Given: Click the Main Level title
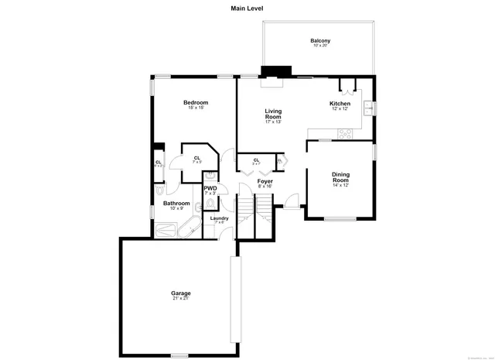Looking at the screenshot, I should [247, 9].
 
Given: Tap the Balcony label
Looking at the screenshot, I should [320, 41].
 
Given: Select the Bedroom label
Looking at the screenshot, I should [196, 103].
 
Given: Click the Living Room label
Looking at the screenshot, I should [273, 114].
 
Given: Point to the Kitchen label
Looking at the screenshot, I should [340, 104].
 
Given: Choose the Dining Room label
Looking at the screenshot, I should [341, 177].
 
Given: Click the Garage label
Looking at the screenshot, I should [181, 293].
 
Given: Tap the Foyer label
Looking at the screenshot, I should [265, 181].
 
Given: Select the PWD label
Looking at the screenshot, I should [210, 188].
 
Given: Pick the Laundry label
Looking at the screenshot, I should [220, 218].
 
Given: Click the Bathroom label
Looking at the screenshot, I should [176, 203].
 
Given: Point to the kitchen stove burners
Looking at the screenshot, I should [344, 132].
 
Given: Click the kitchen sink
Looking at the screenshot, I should [370, 107].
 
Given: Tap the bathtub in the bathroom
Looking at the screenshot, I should [186, 229].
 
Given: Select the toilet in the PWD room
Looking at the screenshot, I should [210, 204].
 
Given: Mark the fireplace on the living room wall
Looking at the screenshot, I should [272, 72].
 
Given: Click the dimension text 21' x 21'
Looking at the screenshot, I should [181, 299].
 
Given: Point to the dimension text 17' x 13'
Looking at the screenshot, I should [273, 122].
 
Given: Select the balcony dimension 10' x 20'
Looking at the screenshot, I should [320, 46].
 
